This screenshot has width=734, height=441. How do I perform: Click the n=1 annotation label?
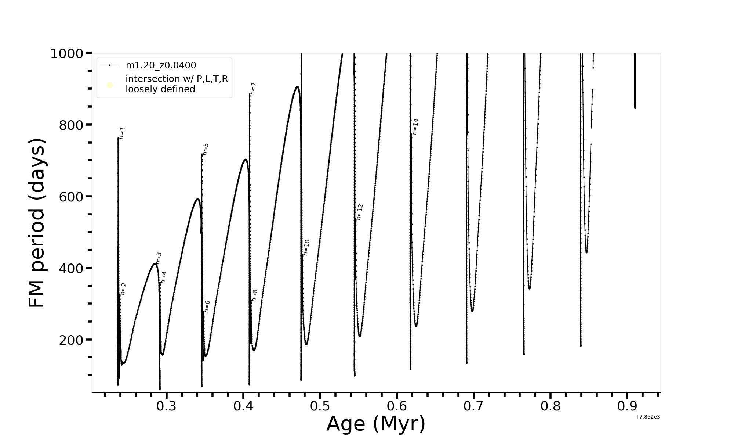click(x=122, y=133)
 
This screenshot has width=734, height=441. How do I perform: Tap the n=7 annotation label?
click(x=253, y=89)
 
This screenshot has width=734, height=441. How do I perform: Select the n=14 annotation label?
click(x=415, y=127)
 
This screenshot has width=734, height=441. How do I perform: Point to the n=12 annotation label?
click(x=359, y=212)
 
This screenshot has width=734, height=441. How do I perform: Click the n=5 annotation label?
click(x=206, y=149)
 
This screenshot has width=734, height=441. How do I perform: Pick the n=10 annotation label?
click(x=306, y=248)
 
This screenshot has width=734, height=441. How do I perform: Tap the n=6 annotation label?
click(x=207, y=306)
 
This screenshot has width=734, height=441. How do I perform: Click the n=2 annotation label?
click(x=123, y=289)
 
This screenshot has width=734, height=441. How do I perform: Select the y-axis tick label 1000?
click(x=66, y=54)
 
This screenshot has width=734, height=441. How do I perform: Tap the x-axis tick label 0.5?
click(x=320, y=406)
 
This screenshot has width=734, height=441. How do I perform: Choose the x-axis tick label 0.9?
click(x=627, y=406)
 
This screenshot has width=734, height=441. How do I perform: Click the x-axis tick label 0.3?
click(x=166, y=406)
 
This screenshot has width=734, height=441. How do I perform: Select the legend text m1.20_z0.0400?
click(x=161, y=65)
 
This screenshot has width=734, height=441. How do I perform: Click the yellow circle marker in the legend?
click(x=109, y=85)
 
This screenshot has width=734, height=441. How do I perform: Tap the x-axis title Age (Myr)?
click(x=376, y=424)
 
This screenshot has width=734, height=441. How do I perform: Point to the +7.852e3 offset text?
click(x=647, y=417)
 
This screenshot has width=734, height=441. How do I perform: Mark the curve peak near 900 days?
click(x=297, y=87)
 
